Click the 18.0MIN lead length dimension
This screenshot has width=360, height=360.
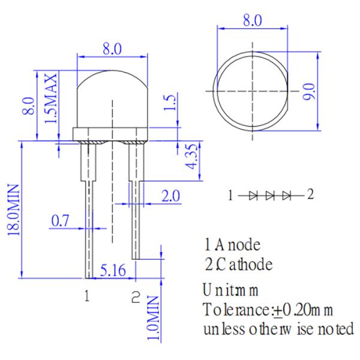(x=13, y=210)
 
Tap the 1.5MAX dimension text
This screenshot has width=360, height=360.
(x=50, y=98)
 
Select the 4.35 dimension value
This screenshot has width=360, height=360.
(x=191, y=157)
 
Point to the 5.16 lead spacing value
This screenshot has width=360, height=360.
(x=113, y=270)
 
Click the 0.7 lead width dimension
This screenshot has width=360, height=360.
(x=60, y=221)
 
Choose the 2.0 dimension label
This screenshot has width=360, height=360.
(x=170, y=196)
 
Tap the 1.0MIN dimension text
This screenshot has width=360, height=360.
(x=153, y=318)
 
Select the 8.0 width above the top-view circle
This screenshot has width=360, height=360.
(x=253, y=20)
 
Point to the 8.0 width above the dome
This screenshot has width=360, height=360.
(x=112, y=49)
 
